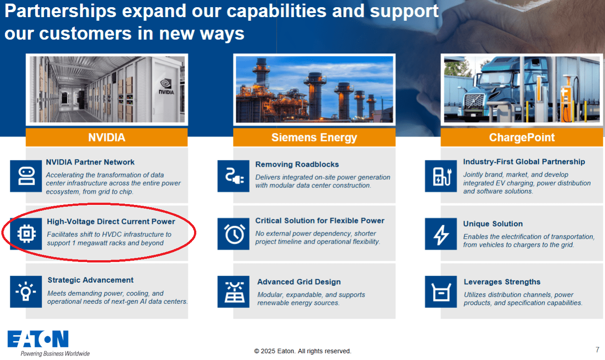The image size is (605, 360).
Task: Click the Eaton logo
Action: tap(38, 338)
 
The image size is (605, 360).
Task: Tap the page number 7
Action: tap(597, 350)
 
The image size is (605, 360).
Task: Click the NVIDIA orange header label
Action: tap(107, 137)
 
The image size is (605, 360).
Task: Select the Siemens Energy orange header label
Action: tap(314, 137)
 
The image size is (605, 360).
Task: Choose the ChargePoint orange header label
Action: tap(521, 137)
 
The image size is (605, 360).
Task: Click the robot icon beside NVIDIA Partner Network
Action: tap(26, 176)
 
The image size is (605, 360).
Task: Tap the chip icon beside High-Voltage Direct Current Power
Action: tap(26, 234)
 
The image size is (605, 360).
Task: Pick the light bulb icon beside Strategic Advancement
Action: tap(26, 292)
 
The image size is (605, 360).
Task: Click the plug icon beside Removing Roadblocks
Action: tap(234, 176)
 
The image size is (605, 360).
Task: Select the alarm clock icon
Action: tap(234, 234)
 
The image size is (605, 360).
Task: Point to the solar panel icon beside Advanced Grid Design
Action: tap(234, 292)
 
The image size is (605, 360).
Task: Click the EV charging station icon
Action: tap(441, 176)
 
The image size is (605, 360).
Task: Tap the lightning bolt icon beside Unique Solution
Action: tap(441, 234)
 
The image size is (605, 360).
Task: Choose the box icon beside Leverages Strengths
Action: tap(441, 292)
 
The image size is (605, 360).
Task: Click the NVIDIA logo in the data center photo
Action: tap(166, 86)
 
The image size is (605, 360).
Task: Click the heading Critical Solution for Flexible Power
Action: tap(320, 221)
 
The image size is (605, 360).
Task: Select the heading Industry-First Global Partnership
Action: tap(524, 162)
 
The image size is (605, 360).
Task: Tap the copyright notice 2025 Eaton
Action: tap(303, 351)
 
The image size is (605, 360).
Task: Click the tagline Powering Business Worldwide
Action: tap(55, 354)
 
